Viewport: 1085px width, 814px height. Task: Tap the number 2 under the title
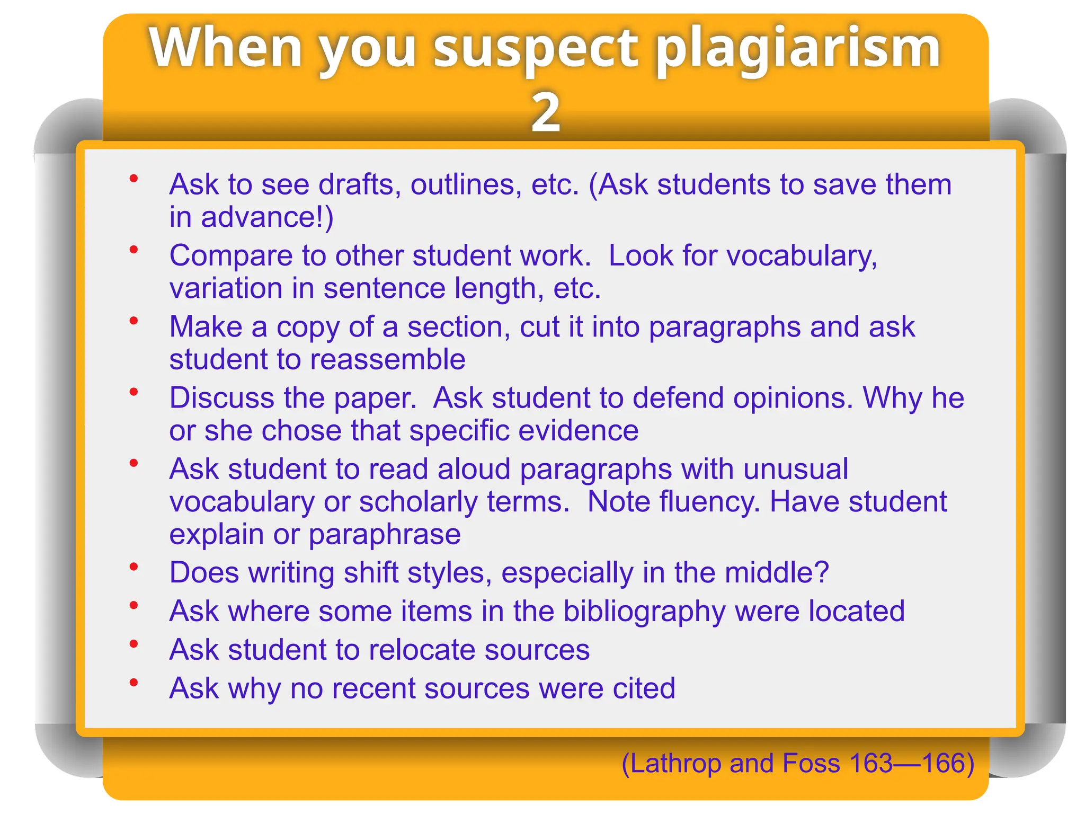[x=546, y=112]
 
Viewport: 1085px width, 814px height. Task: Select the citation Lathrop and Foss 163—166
[x=798, y=763]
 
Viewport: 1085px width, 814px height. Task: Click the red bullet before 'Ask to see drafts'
[x=134, y=179]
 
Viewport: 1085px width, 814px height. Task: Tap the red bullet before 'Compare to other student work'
[x=134, y=249]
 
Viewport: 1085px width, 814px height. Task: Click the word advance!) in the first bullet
[x=267, y=218]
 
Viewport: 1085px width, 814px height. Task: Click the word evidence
[x=578, y=430]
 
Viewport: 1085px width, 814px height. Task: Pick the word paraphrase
[x=385, y=534]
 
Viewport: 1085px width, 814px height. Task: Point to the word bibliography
[x=644, y=612]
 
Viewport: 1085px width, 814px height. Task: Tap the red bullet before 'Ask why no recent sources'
[x=134, y=683]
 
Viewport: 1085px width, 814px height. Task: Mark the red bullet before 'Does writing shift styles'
[x=134, y=567]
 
